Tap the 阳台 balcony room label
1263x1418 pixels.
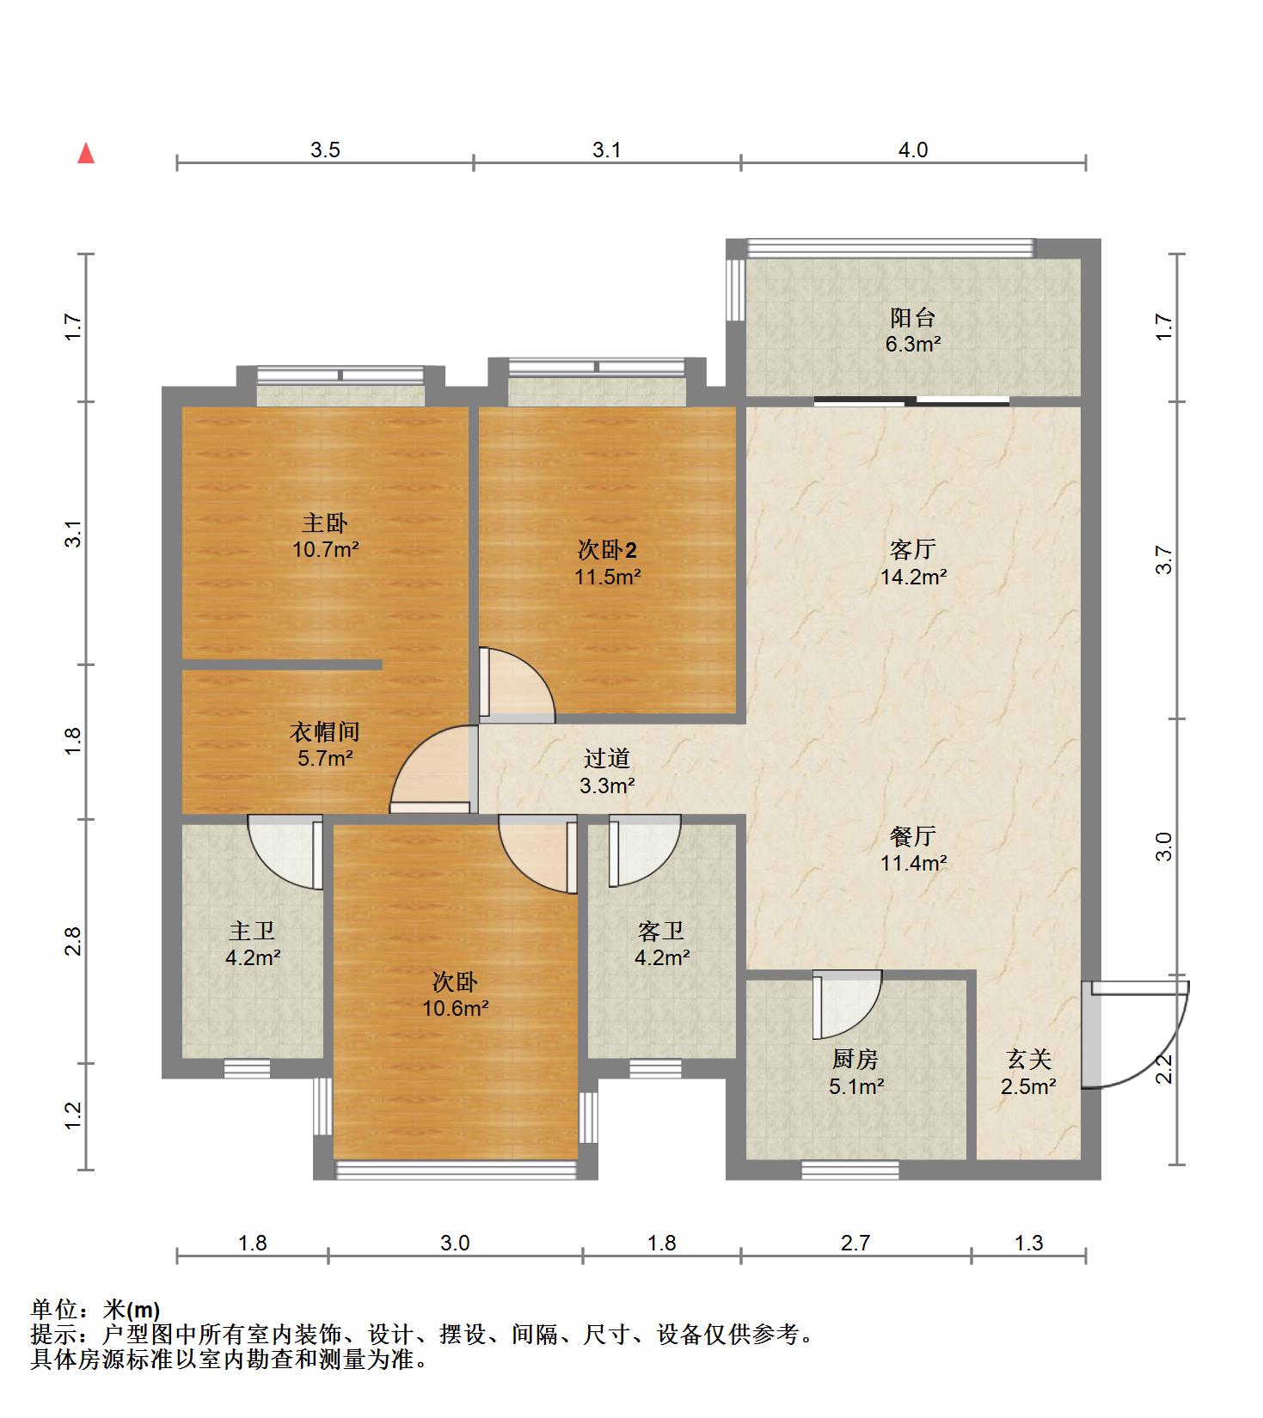coord(912,318)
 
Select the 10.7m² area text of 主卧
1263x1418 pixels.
coord(325,549)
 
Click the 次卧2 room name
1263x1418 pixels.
coord(607,550)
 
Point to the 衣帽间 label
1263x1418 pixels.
coord(323,732)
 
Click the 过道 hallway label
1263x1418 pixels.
coord(607,758)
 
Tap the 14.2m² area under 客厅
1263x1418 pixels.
coord(913,577)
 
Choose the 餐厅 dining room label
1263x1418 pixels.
coord(913,836)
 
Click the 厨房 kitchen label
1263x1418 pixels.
coord(855,1060)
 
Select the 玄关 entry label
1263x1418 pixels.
coord(1029,1060)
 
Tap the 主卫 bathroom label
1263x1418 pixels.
coord(252,931)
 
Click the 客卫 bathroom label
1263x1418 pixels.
coord(661,931)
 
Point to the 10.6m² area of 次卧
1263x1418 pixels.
coord(455,1008)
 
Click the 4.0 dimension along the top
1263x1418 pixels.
coord(913,150)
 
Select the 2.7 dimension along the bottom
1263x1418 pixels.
coord(855,1243)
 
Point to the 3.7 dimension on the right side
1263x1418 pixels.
coord(1164,560)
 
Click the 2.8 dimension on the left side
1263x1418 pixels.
coord(73,941)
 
